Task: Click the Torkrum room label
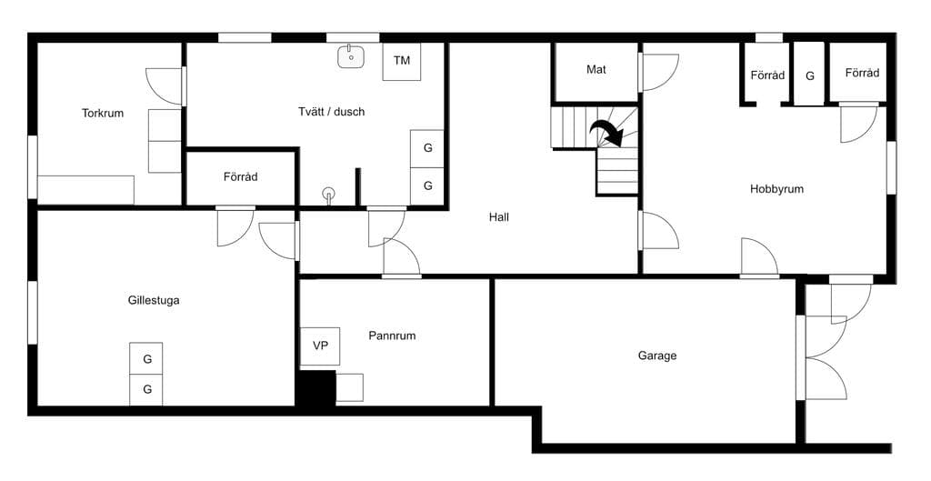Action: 103,113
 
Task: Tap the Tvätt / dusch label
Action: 331,112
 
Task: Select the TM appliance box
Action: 402,61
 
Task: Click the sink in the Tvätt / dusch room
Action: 351,57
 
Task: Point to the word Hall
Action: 499,217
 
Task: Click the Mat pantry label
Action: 596,69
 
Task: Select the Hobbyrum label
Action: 776,189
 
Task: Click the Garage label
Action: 657,356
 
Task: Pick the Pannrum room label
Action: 392,336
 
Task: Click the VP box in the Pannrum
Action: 320,346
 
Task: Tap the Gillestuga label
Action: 153,300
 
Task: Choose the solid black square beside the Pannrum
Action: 316,388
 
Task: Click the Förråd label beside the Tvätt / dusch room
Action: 240,177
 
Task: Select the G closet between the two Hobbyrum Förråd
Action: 809,74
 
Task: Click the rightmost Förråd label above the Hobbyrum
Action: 862,73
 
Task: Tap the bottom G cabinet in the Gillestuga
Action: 146,389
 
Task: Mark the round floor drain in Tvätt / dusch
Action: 328,193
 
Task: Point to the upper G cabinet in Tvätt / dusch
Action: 427,148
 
